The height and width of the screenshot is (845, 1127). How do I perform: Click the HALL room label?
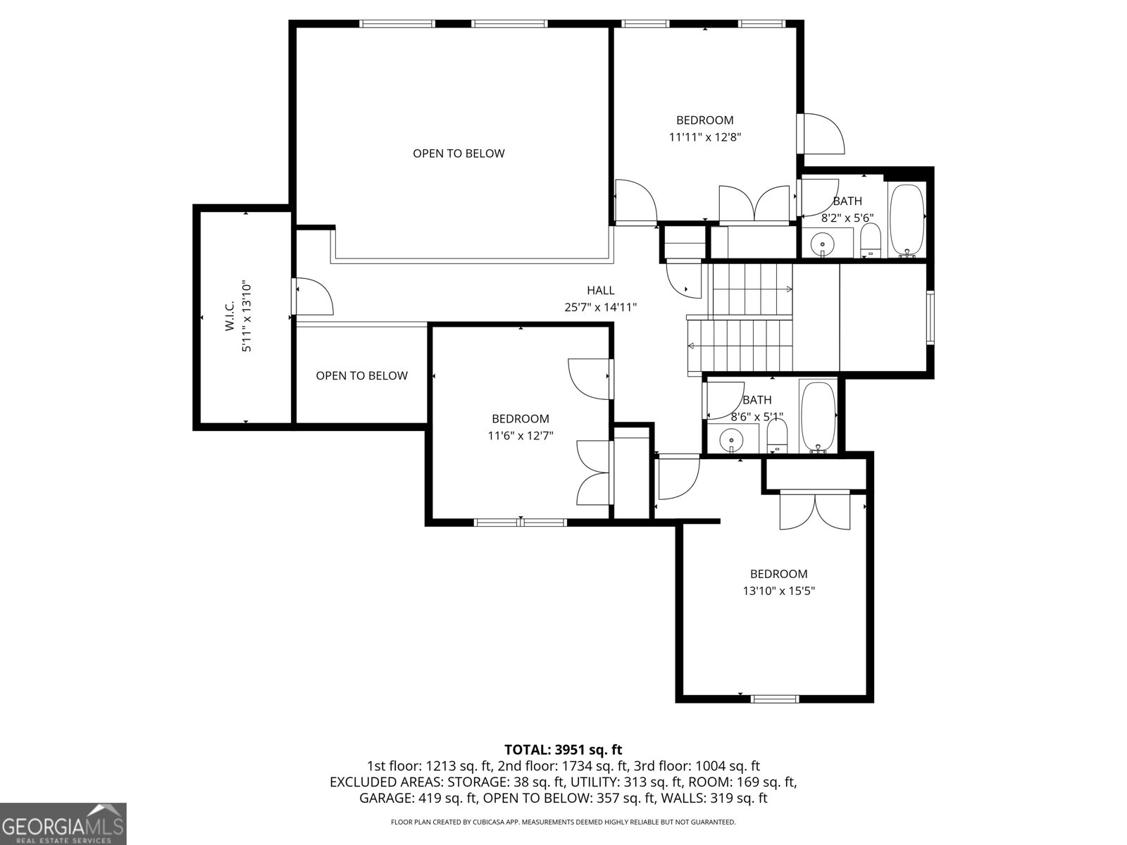(x=600, y=290)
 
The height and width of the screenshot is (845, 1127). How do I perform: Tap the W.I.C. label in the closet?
(x=230, y=317)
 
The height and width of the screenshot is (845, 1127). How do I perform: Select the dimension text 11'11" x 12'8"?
(x=704, y=137)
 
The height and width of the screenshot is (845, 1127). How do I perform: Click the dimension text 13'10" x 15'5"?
(x=778, y=591)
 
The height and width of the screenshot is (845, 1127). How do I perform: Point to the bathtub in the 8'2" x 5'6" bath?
(x=907, y=220)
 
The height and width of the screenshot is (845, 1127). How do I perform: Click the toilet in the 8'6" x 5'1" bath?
(x=776, y=435)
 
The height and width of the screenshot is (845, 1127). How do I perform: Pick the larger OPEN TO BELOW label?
(x=459, y=154)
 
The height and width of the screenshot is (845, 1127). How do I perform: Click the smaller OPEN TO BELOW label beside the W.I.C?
(x=361, y=376)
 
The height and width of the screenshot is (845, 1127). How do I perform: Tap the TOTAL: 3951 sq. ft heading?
(x=563, y=750)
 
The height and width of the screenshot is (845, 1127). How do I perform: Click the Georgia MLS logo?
(x=63, y=823)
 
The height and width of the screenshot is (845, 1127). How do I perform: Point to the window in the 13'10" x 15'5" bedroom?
(x=775, y=699)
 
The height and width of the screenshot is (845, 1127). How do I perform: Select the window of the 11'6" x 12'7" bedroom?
(x=520, y=522)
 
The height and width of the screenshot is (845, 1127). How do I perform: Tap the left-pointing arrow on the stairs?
(x=692, y=346)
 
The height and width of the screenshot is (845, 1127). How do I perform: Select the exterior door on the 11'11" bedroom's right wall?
(x=821, y=133)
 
